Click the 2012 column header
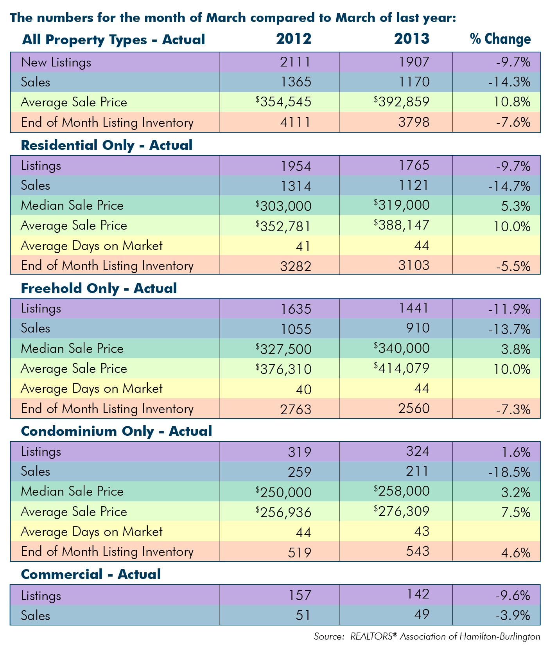click(294, 39)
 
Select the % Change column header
click(501, 39)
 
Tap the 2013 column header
click(412, 39)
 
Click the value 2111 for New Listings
click(296, 62)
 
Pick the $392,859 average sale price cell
click(402, 102)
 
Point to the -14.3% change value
click(509, 82)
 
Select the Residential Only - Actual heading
click(107, 145)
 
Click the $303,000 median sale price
click(283, 205)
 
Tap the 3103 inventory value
click(414, 266)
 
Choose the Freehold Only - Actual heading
click(99, 288)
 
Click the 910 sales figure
click(418, 328)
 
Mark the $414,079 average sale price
click(402, 368)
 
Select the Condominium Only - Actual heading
click(117, 431)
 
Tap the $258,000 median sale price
click(402, 491)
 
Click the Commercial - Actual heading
click(91, 574)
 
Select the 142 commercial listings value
click(418, 594)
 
